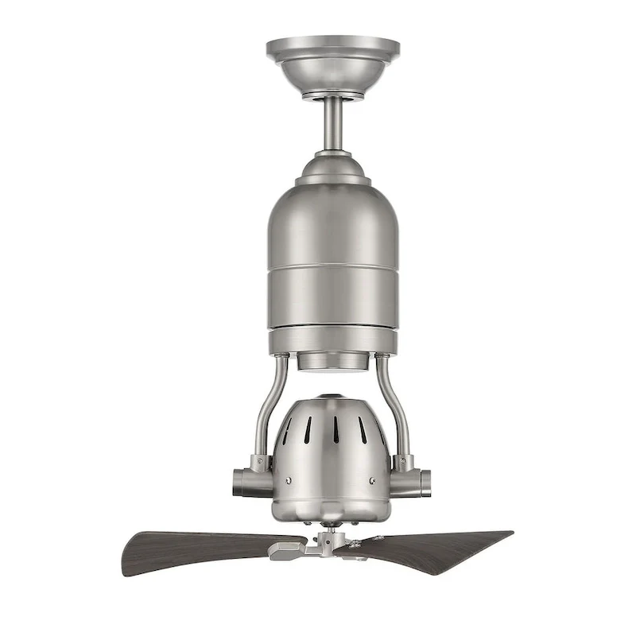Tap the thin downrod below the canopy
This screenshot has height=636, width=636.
point(333,123)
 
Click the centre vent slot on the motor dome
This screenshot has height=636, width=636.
point(334,430)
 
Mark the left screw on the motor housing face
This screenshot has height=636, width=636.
point(289,479)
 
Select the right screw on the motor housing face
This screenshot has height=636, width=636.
point(372,480)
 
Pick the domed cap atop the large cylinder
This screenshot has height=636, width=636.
point(332,169)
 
